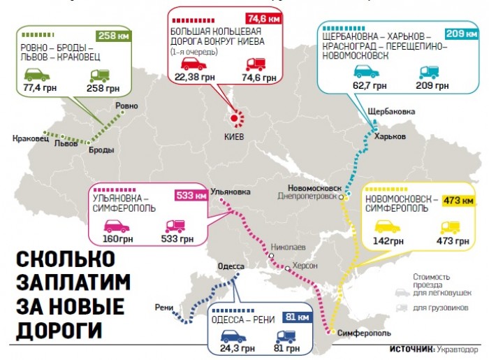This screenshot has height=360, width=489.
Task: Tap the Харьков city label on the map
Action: click(x=390, y=136)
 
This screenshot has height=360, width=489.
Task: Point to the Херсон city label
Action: click(x=305, y=266)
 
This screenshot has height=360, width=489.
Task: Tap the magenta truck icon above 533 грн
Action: click(x=175, y=226)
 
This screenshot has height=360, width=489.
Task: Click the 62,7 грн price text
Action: click(x=370, y=87)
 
